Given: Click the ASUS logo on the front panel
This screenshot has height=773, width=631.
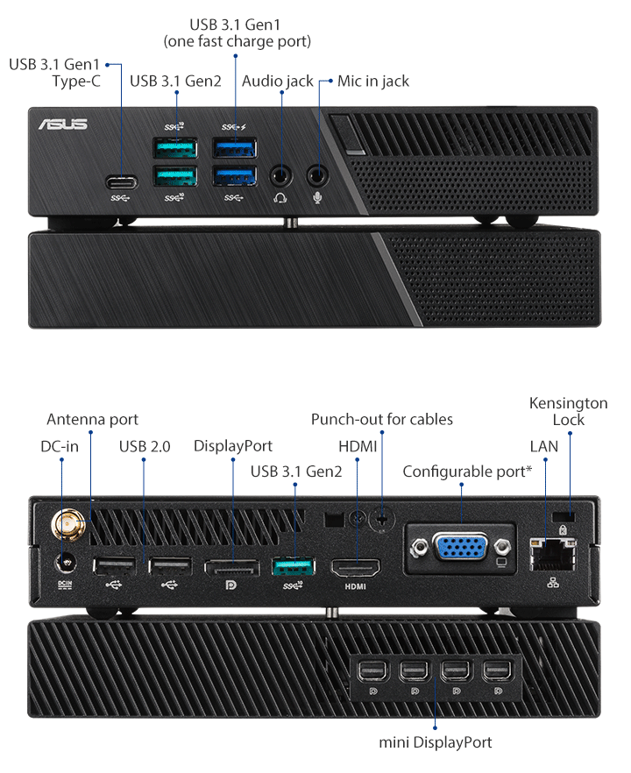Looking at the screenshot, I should pos(62,124).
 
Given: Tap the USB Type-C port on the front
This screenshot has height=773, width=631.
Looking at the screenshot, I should pos(120,183).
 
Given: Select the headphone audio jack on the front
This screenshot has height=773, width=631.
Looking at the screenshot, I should pos(280,174).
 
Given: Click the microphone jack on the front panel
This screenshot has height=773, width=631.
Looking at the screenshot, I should pos(319,174).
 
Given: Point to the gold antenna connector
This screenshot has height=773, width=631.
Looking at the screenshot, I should pos(66,527).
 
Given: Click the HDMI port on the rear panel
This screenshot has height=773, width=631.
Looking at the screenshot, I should pos(355,566).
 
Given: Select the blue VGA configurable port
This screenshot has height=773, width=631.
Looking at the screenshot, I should pos(460,549).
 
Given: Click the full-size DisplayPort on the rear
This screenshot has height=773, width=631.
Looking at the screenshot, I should pos(232,567).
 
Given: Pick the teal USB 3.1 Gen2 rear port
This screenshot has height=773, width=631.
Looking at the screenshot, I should pos(294,566).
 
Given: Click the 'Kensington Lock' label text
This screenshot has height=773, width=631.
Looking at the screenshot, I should pos(568,411).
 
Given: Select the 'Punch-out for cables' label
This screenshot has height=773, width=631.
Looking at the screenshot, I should pos(382,419).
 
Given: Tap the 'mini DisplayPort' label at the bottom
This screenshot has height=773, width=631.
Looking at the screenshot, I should pos(436,742).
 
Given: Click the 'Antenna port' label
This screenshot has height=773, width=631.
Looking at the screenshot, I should pos(92,419).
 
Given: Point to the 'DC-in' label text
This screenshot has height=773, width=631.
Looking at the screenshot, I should pos(60,446).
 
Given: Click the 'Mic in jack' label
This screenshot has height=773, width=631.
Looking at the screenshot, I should pos(373,82).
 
